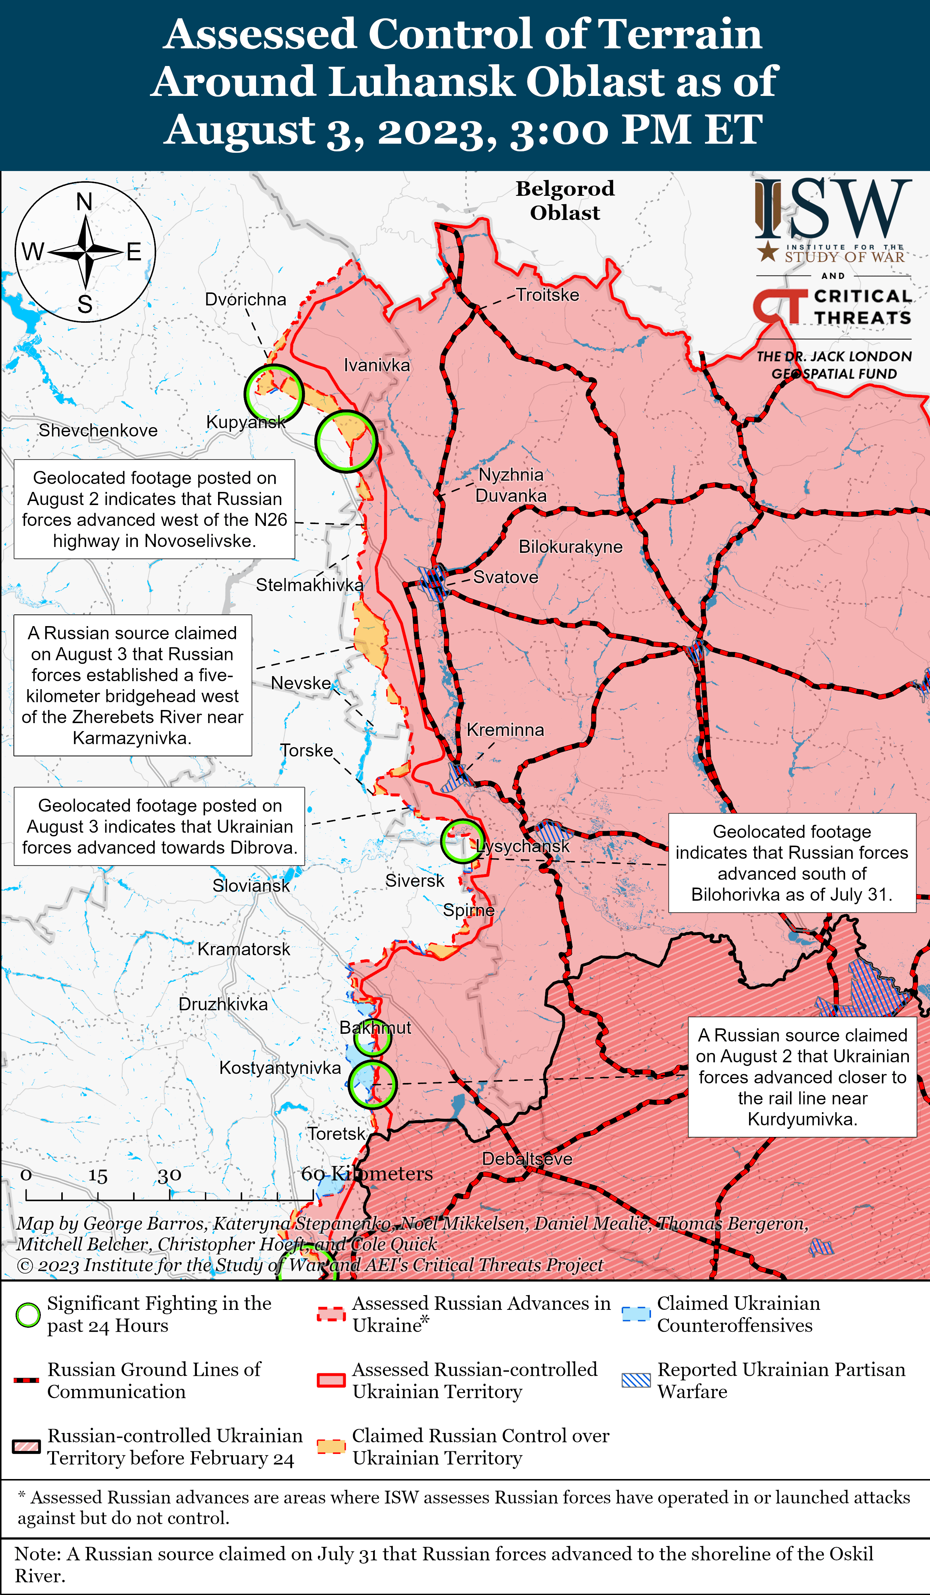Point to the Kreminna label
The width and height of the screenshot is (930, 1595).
pos(505,730)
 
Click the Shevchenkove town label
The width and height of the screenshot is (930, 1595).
pos(98,430)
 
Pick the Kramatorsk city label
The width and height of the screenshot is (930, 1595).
pos(244,949)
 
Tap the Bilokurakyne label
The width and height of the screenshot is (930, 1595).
pos(570,547)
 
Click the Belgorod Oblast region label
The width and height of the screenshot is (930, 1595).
pos(565,201)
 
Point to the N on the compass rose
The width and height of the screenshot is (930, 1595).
pos(84,202)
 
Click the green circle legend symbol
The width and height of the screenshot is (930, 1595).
pos(28,1315)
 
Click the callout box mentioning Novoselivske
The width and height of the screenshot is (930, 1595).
pos(155,509)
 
